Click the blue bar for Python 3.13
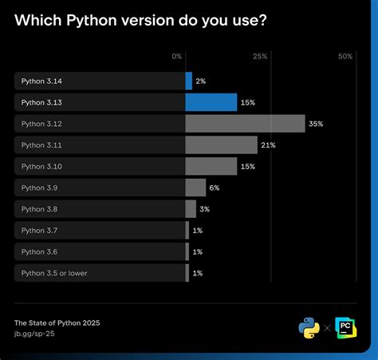(211, 102)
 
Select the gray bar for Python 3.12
(245, 124)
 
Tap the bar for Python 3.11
(221, 144)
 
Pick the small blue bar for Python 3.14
(189, 81)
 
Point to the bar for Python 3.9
(195, 188)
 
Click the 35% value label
(316, 124)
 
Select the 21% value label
(268, 144)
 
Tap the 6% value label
(214, 188)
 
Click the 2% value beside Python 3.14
(201, 81)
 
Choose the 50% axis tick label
(345, 57)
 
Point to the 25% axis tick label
(260, 57)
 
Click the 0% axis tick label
(177, 57)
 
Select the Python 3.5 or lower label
(54, 274)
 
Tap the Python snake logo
(309, 327)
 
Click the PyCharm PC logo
(345, 327)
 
